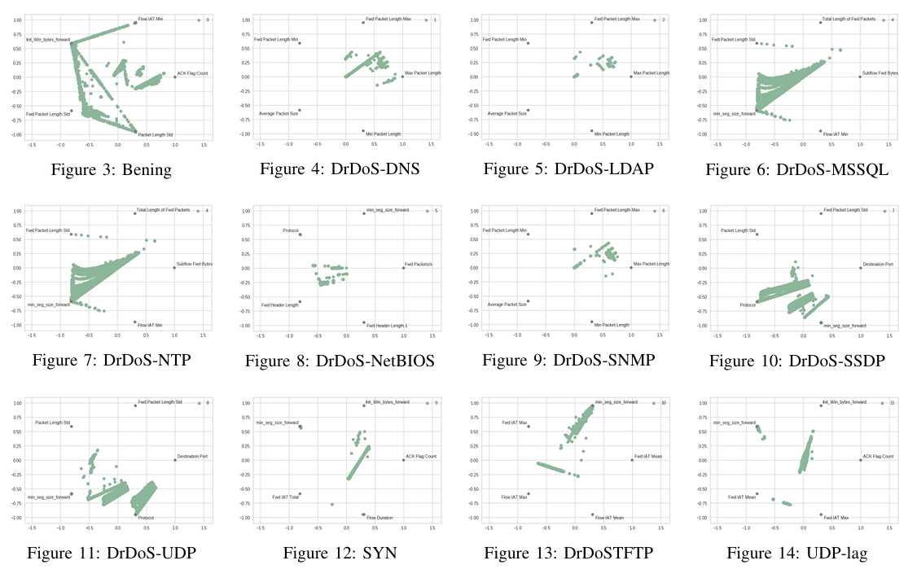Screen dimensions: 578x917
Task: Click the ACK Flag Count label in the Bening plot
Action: [x=193, y=74]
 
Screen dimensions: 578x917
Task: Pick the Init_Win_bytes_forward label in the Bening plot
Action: [x=48, y=39]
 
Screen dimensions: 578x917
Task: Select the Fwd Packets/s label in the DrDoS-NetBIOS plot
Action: [x=419, y=265]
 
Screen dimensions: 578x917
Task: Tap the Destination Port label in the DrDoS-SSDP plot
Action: [x=878, y=265]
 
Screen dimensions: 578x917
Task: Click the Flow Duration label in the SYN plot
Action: [x=380, y=518]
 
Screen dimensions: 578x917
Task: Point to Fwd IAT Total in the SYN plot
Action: [x=286, y=497]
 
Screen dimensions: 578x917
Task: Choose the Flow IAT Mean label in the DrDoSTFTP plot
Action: [x=609, y=518]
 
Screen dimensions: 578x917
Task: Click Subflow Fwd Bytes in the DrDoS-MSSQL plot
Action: [x=880, y=72]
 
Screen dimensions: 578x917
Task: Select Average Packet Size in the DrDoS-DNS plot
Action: [x=279, y=113]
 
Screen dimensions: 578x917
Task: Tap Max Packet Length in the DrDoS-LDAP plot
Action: [x=652, y=72]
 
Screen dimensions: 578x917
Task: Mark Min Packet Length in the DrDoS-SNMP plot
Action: [x=612, y=325]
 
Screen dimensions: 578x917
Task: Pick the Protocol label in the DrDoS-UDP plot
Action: [x=146, y=518]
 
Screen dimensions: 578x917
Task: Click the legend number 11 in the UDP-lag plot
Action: [x=893, y=403]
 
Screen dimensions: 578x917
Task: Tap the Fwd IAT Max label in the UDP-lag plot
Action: [x=836, y=518]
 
